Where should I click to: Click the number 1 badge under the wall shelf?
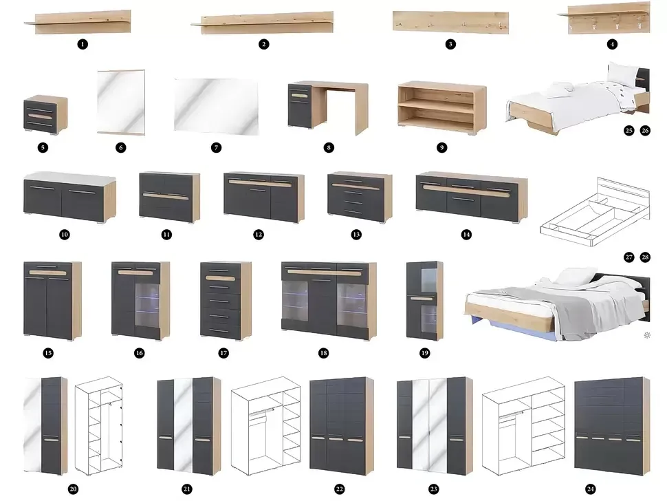(83, 44)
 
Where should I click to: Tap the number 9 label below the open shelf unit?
(441, 148)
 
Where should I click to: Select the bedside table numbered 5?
(45, 115)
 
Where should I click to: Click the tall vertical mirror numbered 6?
(121, 102)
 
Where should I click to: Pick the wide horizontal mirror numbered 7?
(216, 107)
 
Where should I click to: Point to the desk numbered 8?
(328, 107)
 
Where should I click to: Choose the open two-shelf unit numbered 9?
(442, 107)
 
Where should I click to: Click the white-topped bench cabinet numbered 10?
(69, 198)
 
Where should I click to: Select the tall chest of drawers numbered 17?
(226, 301)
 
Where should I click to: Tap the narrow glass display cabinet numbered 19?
(424, 301)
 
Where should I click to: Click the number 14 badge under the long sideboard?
(466, 235)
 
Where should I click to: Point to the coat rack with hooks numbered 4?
(604, 18)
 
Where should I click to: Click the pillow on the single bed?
(622, 74)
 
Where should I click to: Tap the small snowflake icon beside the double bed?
(647, 335)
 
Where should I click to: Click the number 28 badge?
(645, 257)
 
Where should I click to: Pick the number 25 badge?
(629, 131)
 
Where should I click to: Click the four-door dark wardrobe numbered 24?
(612, 426)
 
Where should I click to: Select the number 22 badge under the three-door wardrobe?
(340, 489)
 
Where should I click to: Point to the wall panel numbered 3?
(450, 22)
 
